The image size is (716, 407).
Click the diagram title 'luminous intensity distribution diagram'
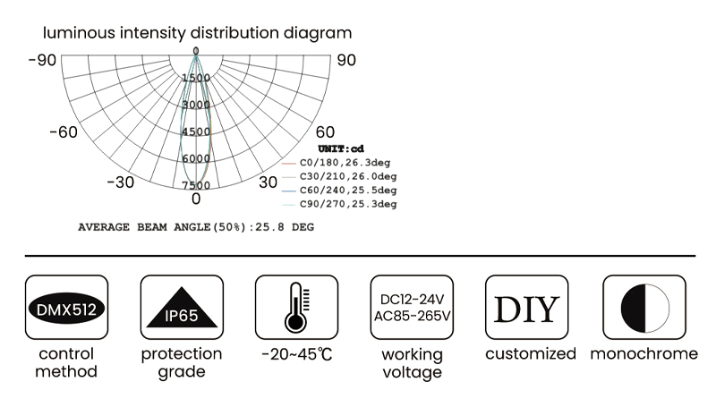pos(197,34)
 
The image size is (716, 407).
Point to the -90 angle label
pos(42,60)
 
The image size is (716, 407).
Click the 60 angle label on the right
pos(325,132)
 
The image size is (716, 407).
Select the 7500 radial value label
pos(196,185)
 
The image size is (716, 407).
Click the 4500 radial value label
pos(196,131)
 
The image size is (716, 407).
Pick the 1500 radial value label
pos(196,78)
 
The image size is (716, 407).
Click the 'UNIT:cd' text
pos(341,148)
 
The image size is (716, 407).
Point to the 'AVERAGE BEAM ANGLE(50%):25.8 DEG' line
pos(196,227)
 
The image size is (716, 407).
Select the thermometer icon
pos(294,307)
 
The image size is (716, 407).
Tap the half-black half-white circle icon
pos(644,307)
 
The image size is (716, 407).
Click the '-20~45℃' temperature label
pos(297,354)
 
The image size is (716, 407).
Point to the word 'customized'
pos(531,354)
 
